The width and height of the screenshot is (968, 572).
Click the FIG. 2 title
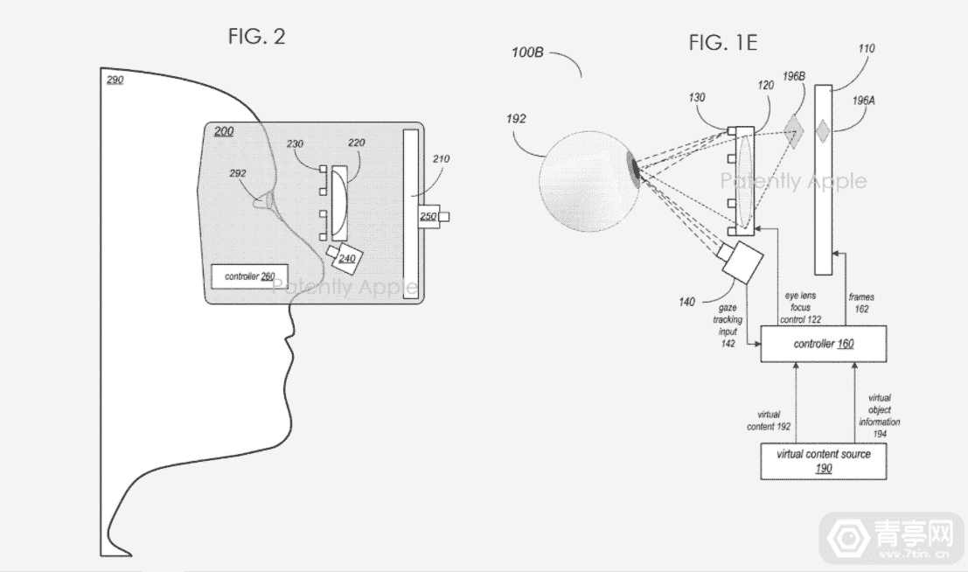256,37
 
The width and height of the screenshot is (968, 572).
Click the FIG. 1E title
722,43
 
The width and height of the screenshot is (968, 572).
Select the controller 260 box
249,276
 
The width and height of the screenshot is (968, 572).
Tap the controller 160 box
824,344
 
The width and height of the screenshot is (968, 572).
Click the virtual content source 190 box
824,461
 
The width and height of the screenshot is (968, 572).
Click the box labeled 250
429,216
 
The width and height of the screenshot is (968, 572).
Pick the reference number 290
115,80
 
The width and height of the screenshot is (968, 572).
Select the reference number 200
224,131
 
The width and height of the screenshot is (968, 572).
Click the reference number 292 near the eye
238,173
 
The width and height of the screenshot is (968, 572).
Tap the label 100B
527,52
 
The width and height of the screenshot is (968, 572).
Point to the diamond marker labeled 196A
822,131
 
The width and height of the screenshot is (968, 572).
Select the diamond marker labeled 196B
794,131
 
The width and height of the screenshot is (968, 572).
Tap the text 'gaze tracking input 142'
728,324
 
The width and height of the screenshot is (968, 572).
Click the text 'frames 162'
861,303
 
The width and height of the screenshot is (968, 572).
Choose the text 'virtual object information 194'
879,415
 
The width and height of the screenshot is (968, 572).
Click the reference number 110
867,48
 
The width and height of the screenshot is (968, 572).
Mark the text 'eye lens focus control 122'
801,308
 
